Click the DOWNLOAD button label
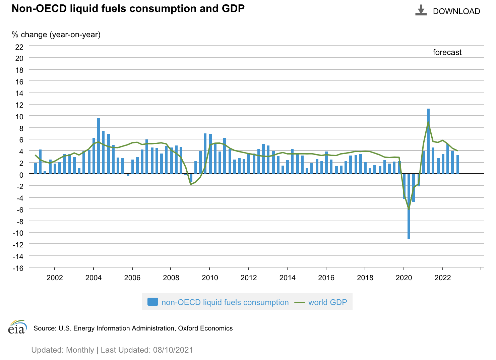point(456,11)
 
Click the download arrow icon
point(421,10)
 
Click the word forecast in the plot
point(447,52)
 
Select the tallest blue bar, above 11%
point(428,141)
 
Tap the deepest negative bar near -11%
point(409,206)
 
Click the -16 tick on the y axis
point(18,268)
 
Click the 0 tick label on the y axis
point(21,175)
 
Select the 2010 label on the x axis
point(210,278)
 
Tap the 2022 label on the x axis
point(443,278)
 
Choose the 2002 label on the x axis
point(55,278)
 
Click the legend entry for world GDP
point(327,302)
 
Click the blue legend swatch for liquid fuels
point(152,302)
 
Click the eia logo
point(17,327)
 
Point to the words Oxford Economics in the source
point(205,328)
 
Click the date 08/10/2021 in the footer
point(173,350)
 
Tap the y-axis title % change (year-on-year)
point(56,35)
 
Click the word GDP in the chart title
point(233,8)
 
